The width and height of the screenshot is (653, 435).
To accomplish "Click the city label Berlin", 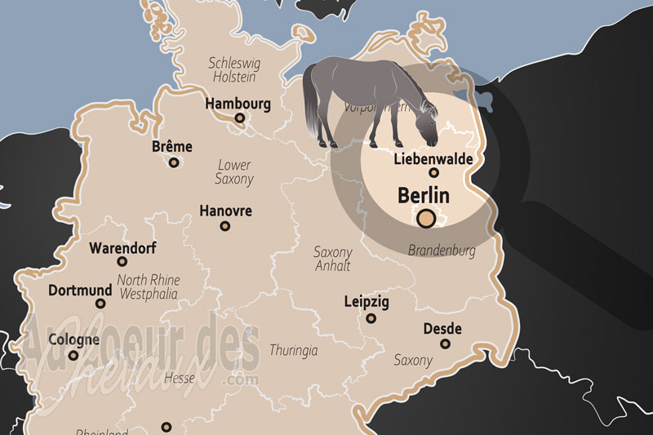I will [424, 196].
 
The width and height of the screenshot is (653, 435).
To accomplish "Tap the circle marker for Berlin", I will [425, 218].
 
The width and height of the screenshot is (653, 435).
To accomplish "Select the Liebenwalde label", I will [433, 158].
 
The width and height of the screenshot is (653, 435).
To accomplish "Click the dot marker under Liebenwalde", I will [434, 172].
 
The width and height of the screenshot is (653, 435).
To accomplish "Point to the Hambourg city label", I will [238, 104].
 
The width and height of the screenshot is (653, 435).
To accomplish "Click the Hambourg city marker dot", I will [240, 118].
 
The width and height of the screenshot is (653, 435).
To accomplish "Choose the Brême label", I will [172, 147].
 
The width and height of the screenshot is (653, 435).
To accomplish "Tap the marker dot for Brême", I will [174, 162].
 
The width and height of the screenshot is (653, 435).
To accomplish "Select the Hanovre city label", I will [225, 211].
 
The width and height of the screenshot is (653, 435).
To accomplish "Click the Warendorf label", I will [122, 248].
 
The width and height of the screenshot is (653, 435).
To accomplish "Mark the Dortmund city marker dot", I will [100, 303].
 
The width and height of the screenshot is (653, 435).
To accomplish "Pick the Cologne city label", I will [73, 340].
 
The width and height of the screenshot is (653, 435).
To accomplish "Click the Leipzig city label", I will [366, 302].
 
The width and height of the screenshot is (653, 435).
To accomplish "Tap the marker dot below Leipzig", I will [371, 317].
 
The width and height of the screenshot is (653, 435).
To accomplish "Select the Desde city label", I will [442, 329].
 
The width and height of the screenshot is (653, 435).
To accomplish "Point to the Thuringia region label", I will [293, 350].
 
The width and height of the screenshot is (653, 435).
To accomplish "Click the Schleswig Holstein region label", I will [233, 69].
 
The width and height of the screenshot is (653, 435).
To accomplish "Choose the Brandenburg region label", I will [441, 250].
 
